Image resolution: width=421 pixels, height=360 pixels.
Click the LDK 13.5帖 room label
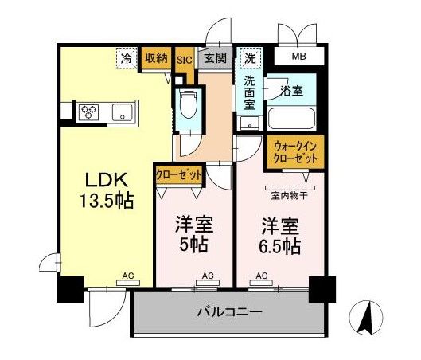(107, 190)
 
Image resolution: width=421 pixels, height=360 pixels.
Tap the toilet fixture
(188, 104)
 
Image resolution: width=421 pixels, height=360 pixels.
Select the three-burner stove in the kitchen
(89, 112)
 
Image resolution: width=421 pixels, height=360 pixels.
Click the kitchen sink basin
(123, 112)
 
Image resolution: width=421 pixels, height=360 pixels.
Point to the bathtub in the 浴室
(290, 119)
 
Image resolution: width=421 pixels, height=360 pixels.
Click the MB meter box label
(298, 57)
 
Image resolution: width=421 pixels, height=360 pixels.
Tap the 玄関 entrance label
(215, 58)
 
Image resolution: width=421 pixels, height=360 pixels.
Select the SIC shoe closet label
(185, 60)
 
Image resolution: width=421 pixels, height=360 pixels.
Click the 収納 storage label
(157, 58)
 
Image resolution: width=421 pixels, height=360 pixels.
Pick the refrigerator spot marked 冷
(127, 58)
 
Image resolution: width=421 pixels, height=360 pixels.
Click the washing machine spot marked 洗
(250, 57)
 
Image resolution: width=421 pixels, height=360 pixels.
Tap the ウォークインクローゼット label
(295, 153)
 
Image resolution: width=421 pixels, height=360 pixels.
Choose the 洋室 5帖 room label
(194, 234)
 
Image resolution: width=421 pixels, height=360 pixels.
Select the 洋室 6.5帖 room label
(280, 236)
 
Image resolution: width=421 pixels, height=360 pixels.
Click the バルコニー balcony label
(229, 312)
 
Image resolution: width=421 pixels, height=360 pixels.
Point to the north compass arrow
(366, 318)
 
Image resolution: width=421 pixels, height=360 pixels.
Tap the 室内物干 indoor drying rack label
(290, 196)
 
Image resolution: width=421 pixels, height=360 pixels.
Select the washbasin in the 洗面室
(250, 123)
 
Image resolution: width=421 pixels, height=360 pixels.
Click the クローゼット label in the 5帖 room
(179, 175)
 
